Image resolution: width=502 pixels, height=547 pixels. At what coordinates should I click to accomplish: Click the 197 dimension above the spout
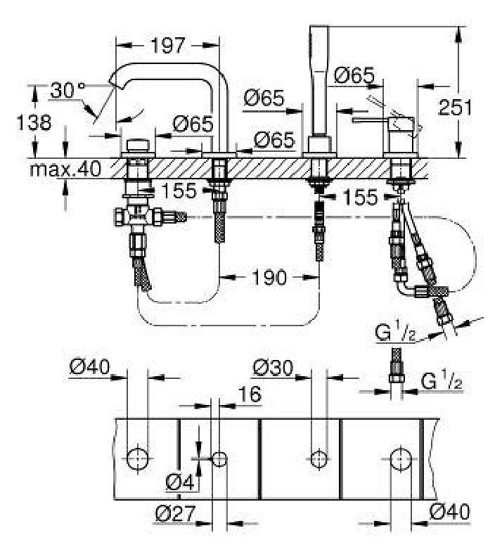pos(167,46)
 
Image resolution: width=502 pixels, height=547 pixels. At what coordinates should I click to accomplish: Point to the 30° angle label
pos(67,91)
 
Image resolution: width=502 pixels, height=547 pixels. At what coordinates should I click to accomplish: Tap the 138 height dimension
pos(34,123)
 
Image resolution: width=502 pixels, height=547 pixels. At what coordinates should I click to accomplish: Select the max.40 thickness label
pos(65,169)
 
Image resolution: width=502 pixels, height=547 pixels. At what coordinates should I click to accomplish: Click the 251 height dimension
pos(455,108)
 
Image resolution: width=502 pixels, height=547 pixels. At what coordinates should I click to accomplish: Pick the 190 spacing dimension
pos(269,278)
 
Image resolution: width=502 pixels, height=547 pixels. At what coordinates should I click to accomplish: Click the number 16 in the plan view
pos(250,394)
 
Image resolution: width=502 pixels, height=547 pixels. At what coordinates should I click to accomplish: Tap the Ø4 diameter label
pos(180,483)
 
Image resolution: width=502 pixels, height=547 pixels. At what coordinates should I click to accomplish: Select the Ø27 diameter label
pos(175,514)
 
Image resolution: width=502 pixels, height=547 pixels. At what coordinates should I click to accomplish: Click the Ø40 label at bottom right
pos(450,512)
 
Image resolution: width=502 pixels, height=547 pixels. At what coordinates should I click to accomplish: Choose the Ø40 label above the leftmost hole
pos(90,367)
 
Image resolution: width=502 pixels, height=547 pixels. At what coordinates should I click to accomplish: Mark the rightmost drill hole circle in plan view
pos(401,459)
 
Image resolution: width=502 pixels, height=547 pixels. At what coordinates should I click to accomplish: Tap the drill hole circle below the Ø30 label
pos(319,459)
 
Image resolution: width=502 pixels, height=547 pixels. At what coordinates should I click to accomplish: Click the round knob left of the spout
pos(137,146)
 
